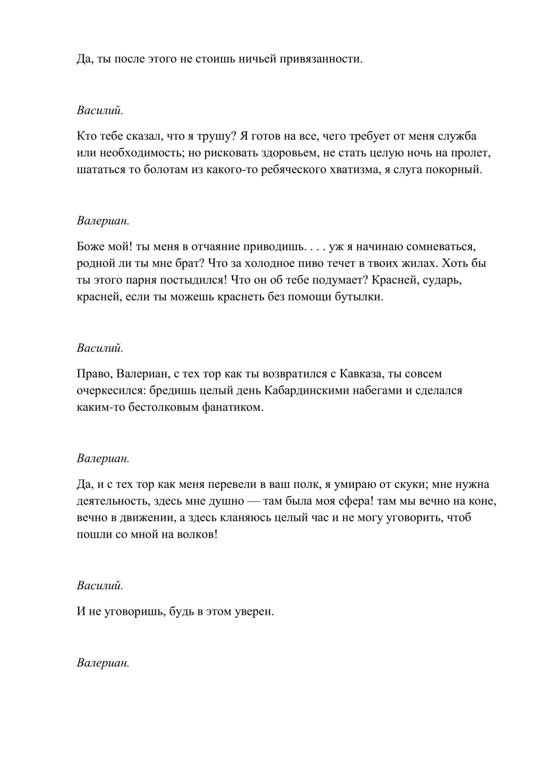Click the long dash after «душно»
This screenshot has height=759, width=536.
253,501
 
